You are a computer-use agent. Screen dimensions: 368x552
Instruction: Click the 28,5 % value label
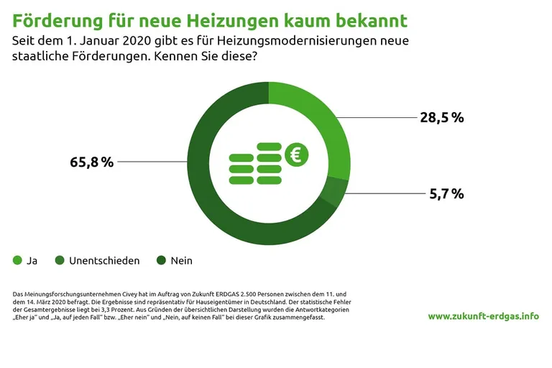(x=441, y=118)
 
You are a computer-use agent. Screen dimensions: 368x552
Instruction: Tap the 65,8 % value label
(x=92, y=162)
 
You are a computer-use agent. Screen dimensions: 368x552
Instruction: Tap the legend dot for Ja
(x=18, y=260)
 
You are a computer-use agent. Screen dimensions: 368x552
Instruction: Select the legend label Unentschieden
(x=104, y=260)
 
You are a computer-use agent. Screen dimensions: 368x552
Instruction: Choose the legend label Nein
(x=181, y=260)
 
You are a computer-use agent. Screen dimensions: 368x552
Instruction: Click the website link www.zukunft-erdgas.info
(x=483, y=316)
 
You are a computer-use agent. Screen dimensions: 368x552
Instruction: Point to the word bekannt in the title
(x=371, y=19)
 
